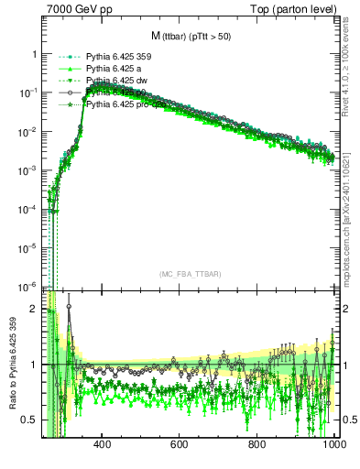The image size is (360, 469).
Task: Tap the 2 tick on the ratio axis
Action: (34, 309)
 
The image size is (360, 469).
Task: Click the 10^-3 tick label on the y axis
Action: (27, 170)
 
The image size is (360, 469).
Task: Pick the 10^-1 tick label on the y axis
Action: (27, 93)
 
